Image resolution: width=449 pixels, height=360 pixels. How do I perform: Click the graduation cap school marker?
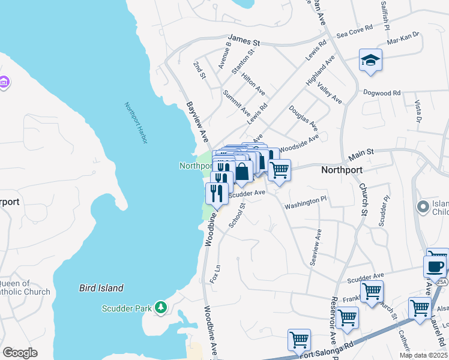point(371,61)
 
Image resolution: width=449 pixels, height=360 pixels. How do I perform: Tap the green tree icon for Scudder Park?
point(160,308)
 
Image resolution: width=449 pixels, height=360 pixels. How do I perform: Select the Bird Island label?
point(101,288)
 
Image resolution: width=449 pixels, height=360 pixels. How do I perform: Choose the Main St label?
point(361,157)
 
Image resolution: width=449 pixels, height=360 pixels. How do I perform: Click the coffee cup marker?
point(435,266)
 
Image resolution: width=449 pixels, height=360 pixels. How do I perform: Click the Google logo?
point(20,353)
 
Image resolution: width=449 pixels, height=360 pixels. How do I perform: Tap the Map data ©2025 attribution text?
point(423,355)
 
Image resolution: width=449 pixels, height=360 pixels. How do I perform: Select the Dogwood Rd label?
point(382,93)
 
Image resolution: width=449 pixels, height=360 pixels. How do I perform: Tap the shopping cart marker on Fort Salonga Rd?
point(298,340)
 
